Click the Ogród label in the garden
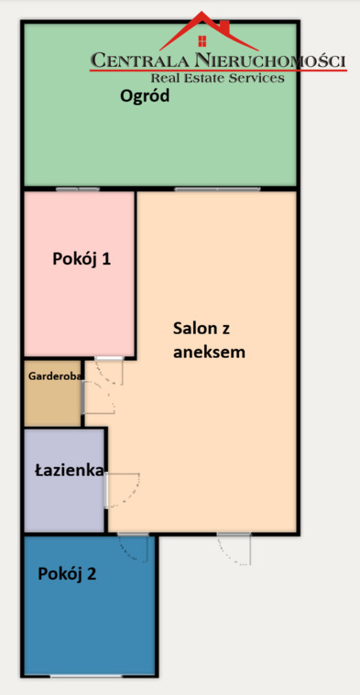[145, 96]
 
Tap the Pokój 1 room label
[82, 258]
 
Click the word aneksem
[209, 352]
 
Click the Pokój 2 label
[67, 574]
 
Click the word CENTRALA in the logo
[140, 61]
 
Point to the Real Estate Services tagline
[217, 79]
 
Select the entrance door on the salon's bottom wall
[234, 547]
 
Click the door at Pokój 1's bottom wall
[109, 368]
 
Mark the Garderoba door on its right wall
[95, 397]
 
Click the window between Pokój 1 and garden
[77, 189]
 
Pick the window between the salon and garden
[217, 189]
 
